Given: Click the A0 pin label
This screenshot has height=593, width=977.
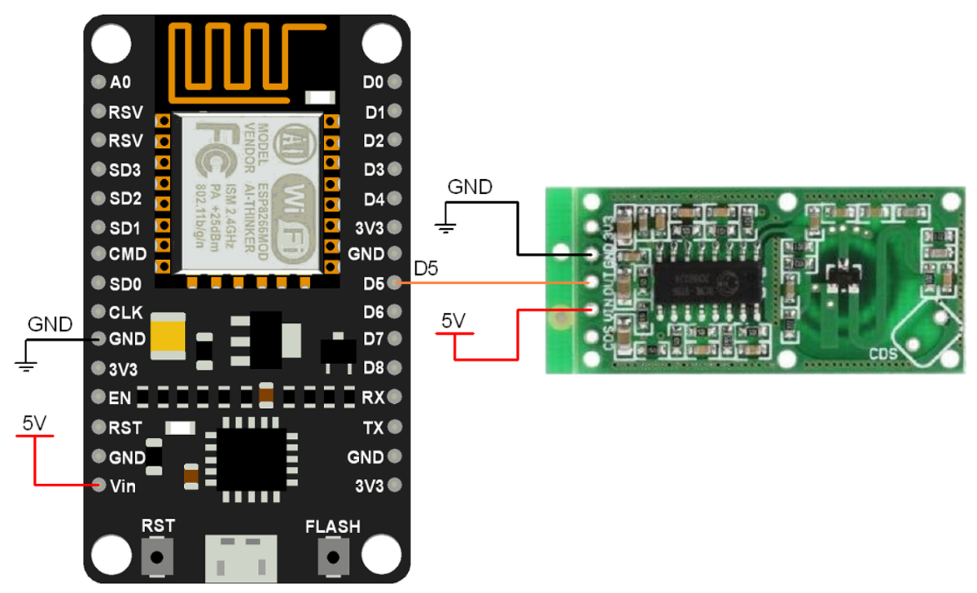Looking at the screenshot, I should tap(120, 82).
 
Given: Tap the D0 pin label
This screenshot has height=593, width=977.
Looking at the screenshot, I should tap(373, 82).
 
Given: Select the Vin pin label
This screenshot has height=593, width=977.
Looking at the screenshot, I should tap(123, 486).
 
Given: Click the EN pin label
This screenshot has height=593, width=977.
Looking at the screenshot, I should tap(119, 398).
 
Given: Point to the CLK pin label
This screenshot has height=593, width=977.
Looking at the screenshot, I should tap(125, 312).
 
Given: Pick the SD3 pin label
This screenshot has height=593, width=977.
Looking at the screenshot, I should tap(125, 169).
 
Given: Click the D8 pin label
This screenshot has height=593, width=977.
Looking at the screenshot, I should tap(374, 367).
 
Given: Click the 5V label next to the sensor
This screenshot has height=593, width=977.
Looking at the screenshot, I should tap(453, 321).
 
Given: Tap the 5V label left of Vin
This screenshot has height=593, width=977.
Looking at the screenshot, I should tap(34, 423).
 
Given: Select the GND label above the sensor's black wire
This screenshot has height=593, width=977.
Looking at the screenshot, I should tap(470, 187).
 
